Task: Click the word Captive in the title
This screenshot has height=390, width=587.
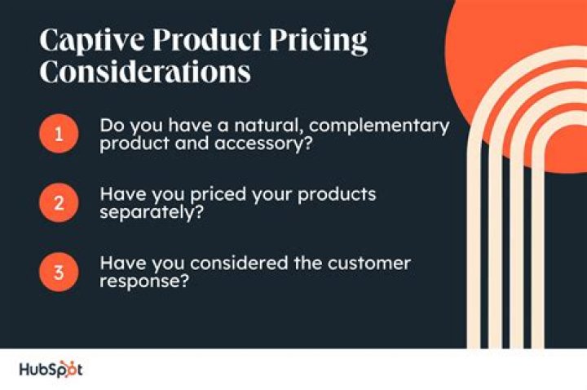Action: click(x=85, y=41)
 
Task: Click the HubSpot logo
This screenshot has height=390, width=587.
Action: click(x=51, y=370)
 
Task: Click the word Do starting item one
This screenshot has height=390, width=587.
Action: click(x=111, y=126)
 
